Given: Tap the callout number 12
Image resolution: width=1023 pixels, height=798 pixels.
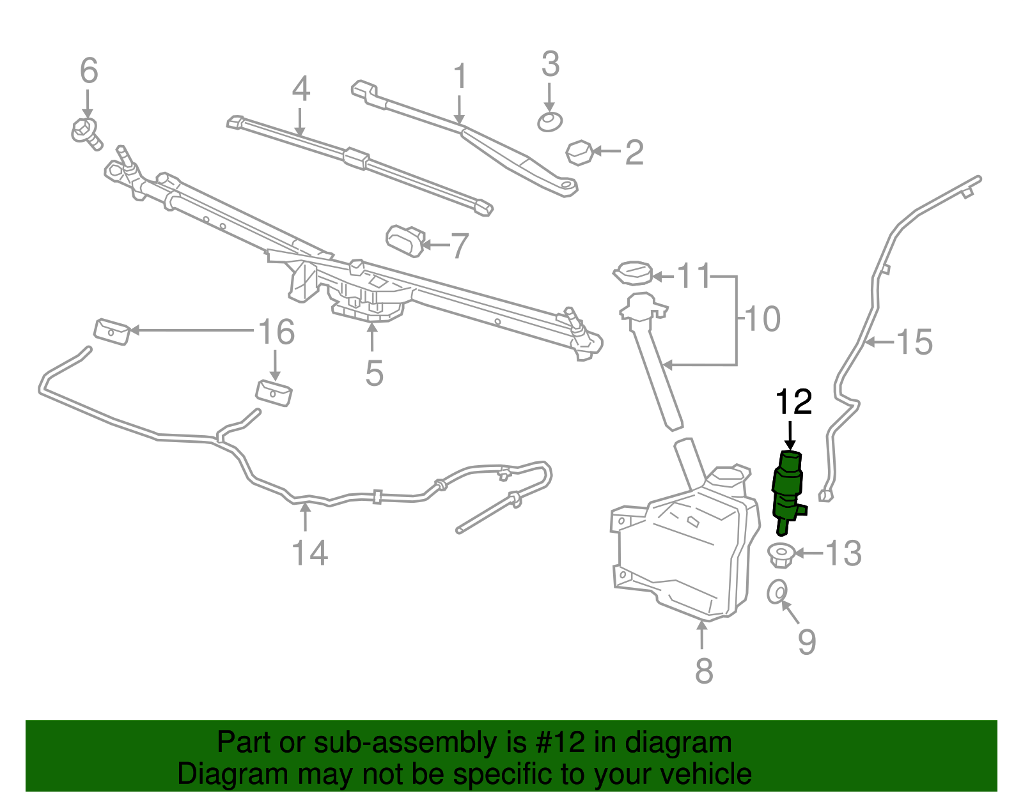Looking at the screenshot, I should pyautogui.click(x=793, y=403).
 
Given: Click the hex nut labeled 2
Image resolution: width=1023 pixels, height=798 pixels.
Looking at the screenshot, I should pyautogui.click(x=579, y=153).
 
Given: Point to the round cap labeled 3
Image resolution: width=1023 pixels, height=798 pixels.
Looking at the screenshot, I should pyautogui.click(x=550, y=121).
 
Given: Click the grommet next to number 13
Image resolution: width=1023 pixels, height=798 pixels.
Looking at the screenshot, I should pyautogui.click(x=780, y=554).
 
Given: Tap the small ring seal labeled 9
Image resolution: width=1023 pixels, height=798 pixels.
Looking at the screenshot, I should pyautogui.click(x=777, y=592).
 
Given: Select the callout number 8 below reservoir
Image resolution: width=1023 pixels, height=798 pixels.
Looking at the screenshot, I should pyautogui.click(x=703, y=670).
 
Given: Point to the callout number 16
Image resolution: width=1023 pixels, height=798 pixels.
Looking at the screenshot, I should pyautogui.click(x=276, y=332).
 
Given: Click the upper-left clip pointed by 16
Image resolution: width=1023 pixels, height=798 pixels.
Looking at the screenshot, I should pyautogui.click(x=112, y=331).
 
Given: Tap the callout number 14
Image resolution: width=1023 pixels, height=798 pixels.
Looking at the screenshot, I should pyautogui.click(x=309, y=553).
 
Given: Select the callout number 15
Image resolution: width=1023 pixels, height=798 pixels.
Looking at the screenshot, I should pyautogui.click(x=915, y=342).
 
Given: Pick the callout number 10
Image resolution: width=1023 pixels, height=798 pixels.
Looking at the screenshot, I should pyautogui.click(x=763, y=319).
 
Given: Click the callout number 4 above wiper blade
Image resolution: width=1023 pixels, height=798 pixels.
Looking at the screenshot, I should pyautogui.click(x=301, y=89).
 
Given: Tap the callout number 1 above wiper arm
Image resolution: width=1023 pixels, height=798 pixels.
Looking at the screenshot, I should pyautogui.click(x=460, y=77).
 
